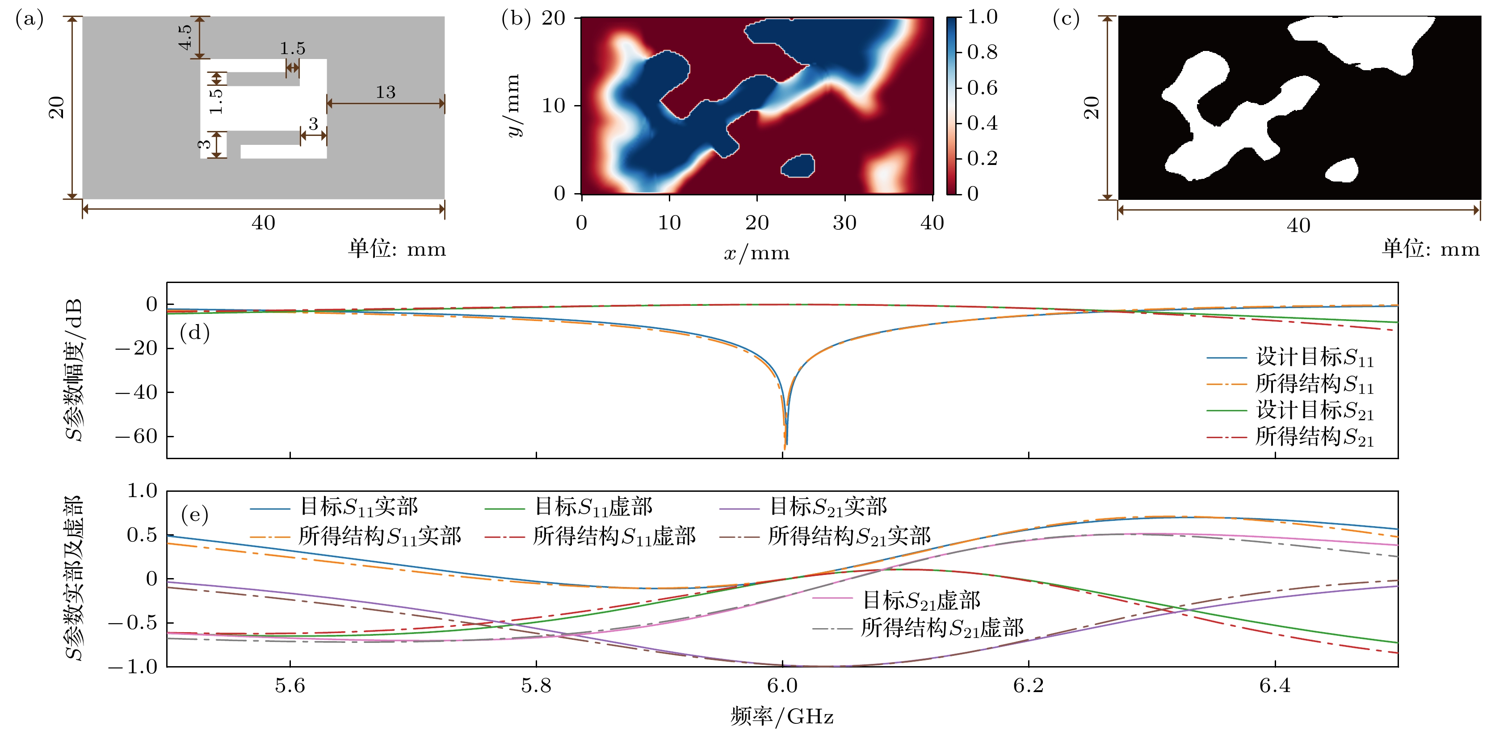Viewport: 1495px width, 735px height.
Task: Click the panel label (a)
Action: pos(29,20)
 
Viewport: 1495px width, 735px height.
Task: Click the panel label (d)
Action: pos(194,333)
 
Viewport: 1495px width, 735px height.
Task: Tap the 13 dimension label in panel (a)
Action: pos(385,92)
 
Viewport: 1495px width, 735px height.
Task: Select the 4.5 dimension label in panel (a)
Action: pos(185,37)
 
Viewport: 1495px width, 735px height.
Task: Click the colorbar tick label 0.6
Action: pos(982,88)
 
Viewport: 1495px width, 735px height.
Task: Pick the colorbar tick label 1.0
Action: pos(982,17)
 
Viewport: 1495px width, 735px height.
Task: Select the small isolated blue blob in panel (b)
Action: pos(798,166)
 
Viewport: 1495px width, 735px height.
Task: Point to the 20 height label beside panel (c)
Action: pos(1092,108)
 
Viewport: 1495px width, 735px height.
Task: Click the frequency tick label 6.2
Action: pos(1029,686)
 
